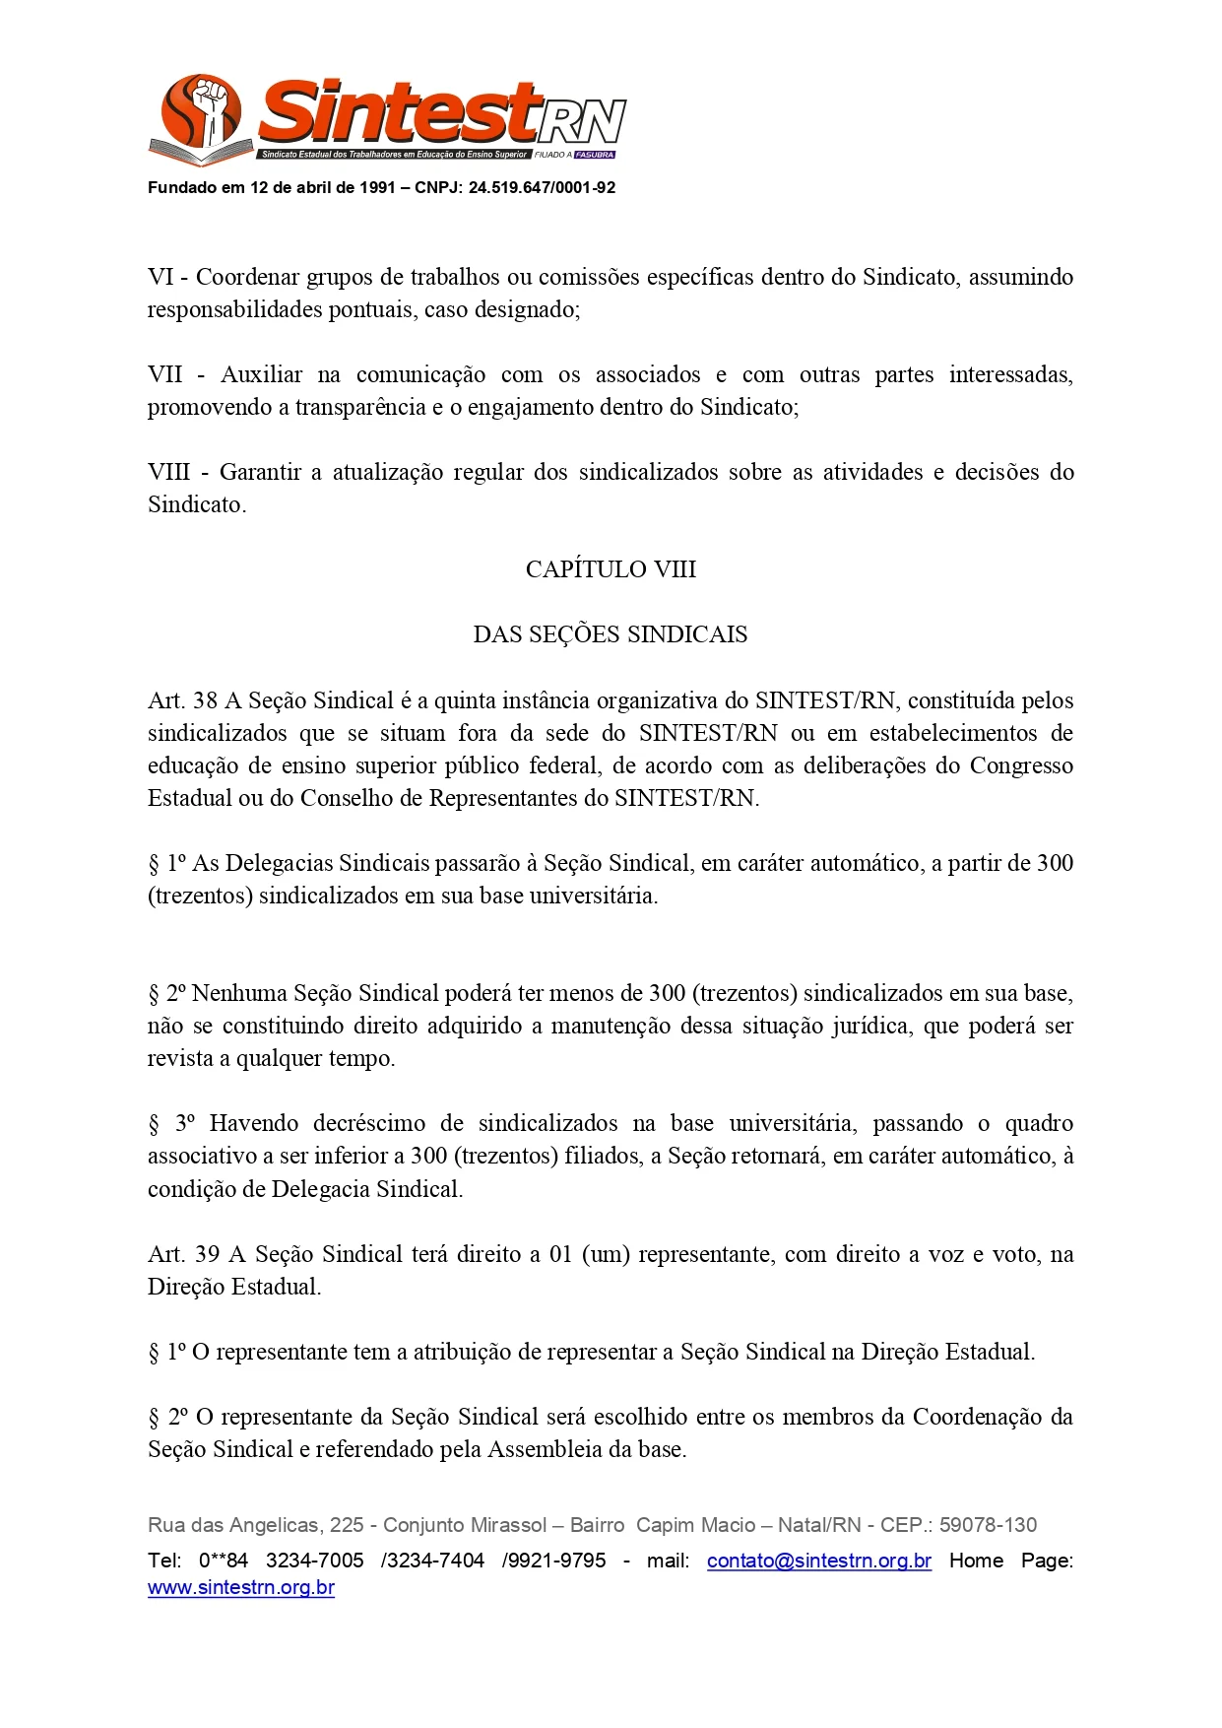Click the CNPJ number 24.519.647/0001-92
coord(542,187)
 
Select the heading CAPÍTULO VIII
coord(611,569)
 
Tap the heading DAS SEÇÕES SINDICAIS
coord(611,634)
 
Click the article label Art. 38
coord(182,700)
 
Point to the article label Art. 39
coord(183,1254)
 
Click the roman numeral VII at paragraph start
coord(165,374)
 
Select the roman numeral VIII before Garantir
coord(168,472)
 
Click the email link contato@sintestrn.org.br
coord(818,1561)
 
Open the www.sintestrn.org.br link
coord(241,1588)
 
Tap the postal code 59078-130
coord(988,1525)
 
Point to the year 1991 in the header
coord(377,187)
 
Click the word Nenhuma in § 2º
coord(239,993)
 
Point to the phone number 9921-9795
coord(558,1561)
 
